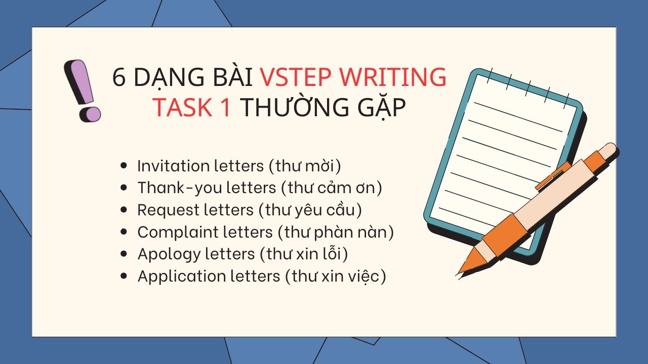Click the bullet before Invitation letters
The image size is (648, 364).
click(x=124, y=166)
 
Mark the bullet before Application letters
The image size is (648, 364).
click(x=124, y=276)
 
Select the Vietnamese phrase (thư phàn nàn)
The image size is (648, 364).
click(x=336, y=232)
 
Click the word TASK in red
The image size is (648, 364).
click(x=184, y=107)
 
